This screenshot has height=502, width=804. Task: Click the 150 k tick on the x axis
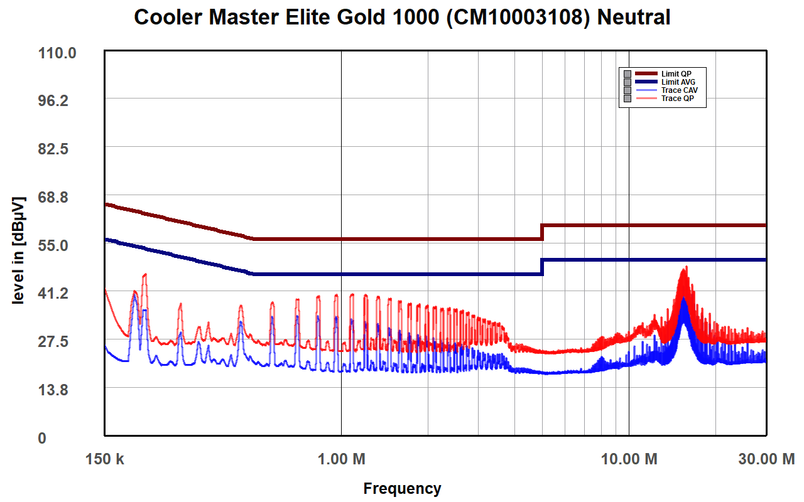(105, 459)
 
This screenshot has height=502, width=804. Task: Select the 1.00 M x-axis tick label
(341, 459)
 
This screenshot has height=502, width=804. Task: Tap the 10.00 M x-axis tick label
(629, 459)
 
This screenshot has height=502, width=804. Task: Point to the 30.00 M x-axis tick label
(766, 459)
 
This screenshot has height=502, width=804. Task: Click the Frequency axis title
(402, 488)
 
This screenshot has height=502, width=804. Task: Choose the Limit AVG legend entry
(678, 82)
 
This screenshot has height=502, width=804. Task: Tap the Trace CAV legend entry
(679, 90)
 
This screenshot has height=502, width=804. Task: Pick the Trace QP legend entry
(677, 99)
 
